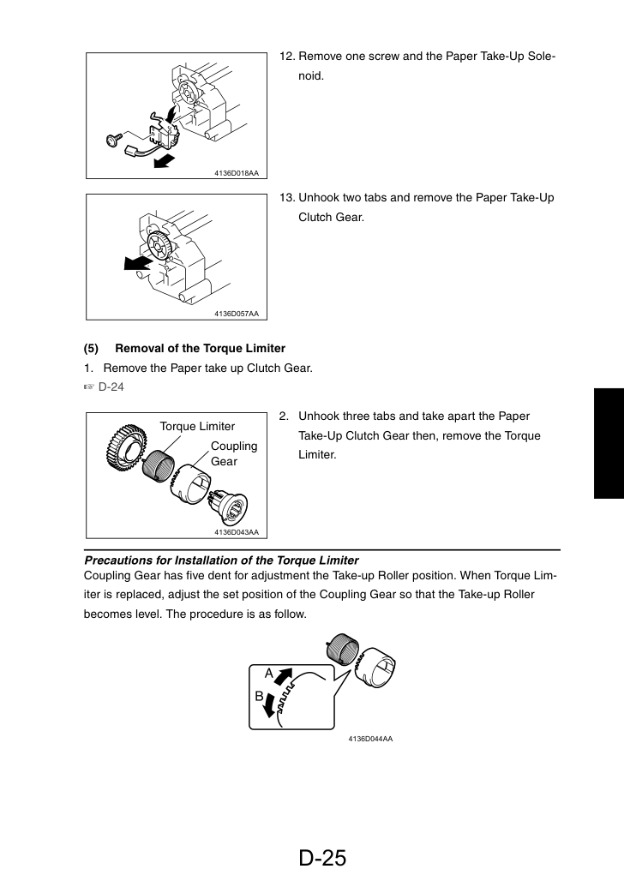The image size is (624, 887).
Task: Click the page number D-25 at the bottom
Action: click(322, 858)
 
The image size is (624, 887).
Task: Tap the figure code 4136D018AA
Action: click(237, 173)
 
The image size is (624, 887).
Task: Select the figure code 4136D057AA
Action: click(237, 314)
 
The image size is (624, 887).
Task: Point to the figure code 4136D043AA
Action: click(237, 531)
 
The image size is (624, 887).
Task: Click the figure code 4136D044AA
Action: click(370, 739)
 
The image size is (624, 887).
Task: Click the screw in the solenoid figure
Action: click(113, 139)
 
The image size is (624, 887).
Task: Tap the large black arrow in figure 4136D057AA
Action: click(138, 263)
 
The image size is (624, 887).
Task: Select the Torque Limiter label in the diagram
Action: click(197, 426)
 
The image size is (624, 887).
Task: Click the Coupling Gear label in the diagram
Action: click(234, 453)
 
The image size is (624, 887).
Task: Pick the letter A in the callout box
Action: click(269, 673)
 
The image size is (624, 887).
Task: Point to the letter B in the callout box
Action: click(259, 697)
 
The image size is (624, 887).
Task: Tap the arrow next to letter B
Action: click(270, 704)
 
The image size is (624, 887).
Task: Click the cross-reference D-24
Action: click(111, 387)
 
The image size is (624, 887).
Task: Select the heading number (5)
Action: click(91, 349)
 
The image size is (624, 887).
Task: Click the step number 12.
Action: click(287, 57)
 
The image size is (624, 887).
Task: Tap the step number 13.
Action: click(287, 198)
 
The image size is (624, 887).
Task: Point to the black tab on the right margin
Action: click(609, 443)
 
